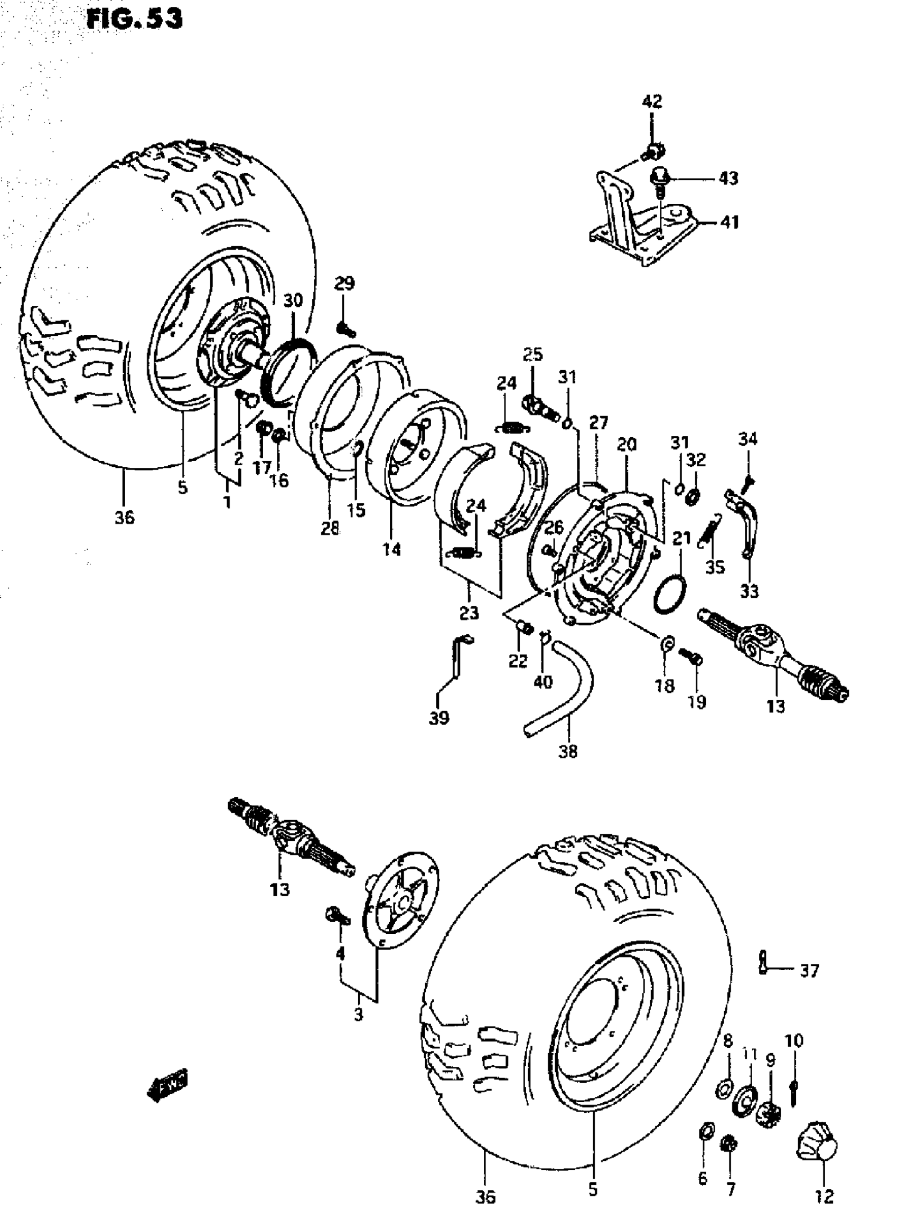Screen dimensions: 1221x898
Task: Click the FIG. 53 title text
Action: coord(134,19)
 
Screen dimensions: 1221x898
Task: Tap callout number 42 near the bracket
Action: coord(652,101)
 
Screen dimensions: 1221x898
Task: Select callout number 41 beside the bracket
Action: coord(729,222)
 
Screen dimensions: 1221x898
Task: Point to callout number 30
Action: coord(293,300)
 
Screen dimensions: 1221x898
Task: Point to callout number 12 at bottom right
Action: coord(824,1196)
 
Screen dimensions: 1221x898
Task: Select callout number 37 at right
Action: coord(809,971)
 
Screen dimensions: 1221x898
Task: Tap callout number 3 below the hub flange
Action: coord(358,1015)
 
